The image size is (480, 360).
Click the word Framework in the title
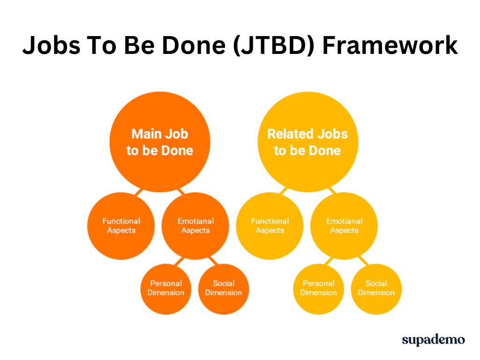390,45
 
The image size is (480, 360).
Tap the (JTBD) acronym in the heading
273,46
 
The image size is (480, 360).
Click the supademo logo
433,340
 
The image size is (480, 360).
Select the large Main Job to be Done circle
160,142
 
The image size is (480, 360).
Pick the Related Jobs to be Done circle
307,142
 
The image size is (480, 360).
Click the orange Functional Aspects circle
121,226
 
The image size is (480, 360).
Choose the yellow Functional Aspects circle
270,226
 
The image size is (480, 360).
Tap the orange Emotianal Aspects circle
195,226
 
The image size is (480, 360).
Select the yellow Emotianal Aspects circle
344,226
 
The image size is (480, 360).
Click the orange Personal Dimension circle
166,289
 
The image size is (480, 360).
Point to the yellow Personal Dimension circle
318,289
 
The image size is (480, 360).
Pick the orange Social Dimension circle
224,289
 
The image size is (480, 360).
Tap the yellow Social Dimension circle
376,289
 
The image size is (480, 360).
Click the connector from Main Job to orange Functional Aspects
139,192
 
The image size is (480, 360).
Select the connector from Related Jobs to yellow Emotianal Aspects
332,190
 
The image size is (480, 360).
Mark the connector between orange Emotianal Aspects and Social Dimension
213,261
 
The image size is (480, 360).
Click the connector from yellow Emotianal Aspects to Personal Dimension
329,261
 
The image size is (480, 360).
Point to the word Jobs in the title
52,46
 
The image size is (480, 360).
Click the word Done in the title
194,45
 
